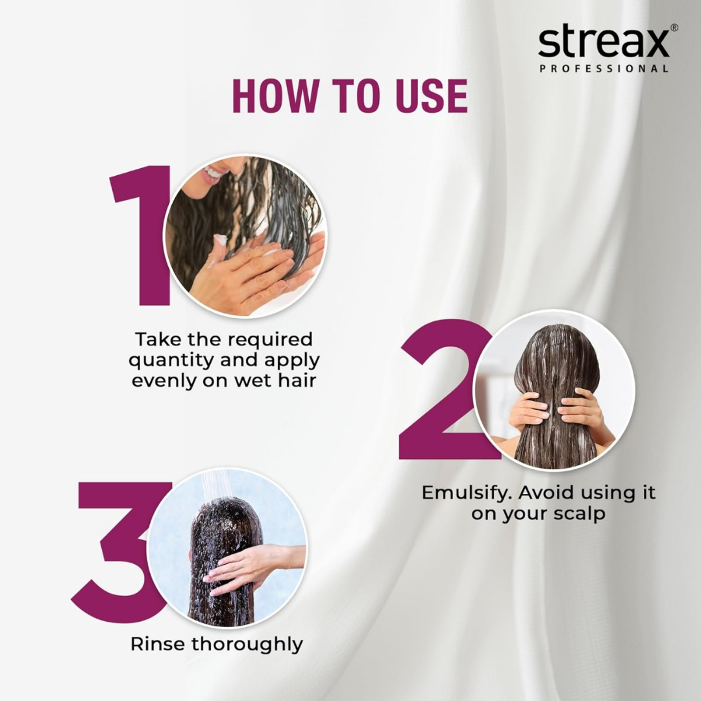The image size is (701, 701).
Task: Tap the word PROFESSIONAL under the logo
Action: (x=604, y=68)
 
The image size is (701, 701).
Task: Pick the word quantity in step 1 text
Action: (x=171, y=360)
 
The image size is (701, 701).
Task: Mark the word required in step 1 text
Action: (x=269, y=339)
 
